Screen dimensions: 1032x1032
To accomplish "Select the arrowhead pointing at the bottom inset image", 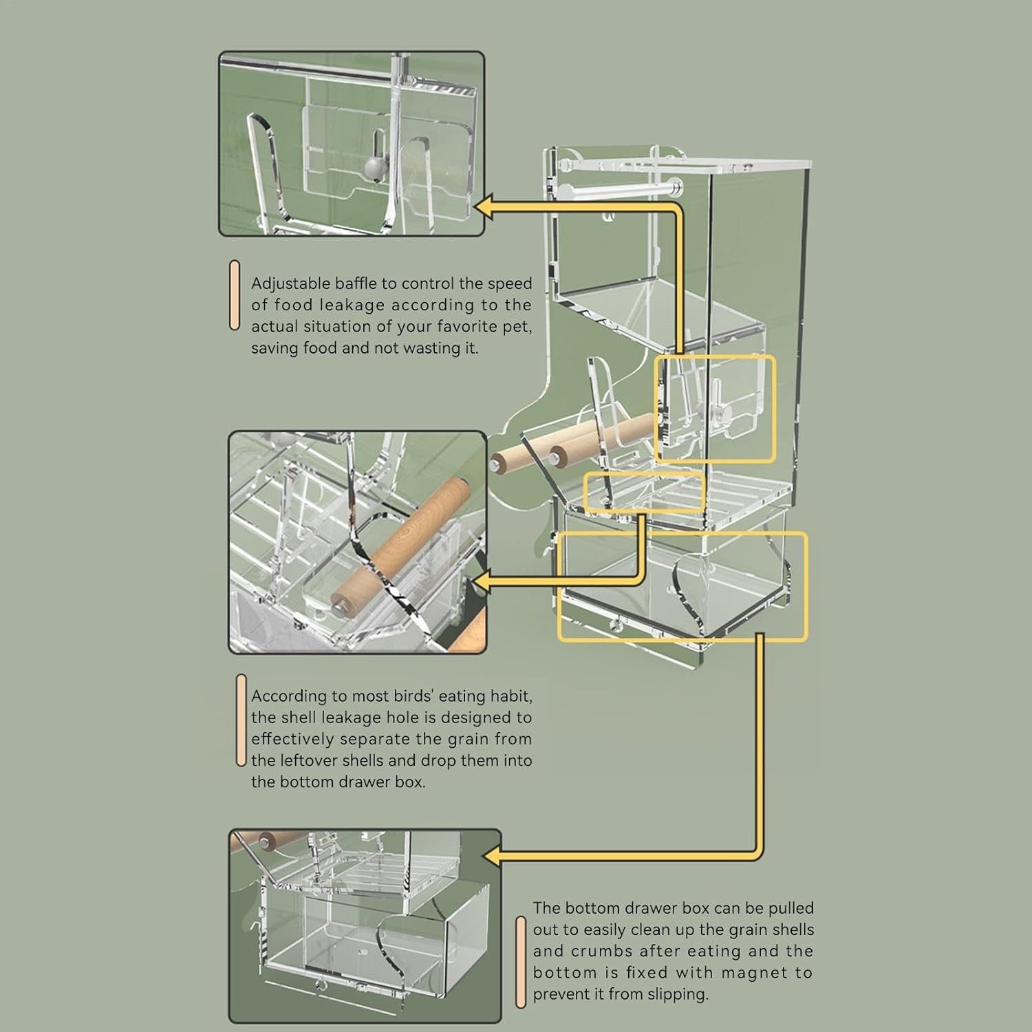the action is pyautogui.click(x=493, y=856).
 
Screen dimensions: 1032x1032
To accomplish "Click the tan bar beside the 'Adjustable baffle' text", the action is pyautogui.click(x=235, y=295).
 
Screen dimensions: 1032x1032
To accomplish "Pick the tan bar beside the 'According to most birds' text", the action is pyautogui.click(x=241, y=720).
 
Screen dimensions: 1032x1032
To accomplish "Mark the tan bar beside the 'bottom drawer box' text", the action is pyautogui.click(x=521, y=962).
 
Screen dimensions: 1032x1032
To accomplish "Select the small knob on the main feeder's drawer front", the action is pyautogui.click(x=614, y=625).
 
